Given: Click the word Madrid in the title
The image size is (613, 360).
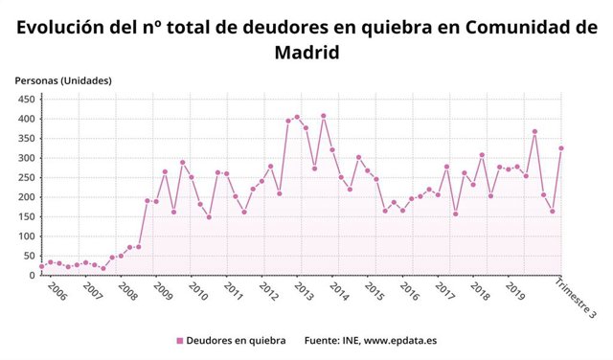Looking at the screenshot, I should (x=306, y=53).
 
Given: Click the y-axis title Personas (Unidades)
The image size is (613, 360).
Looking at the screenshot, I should (x=63, y=80).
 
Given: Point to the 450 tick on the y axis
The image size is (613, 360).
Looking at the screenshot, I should (x=25, y=99).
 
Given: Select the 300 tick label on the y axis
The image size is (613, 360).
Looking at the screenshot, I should (x=25, y=158).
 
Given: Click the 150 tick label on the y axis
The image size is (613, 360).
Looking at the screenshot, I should (x=25, y=216).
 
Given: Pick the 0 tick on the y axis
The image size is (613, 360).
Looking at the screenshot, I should (x=31, y=276).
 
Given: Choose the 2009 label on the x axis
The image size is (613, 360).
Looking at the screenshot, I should (x=163, y=291).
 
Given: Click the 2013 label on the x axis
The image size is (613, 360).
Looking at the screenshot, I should (x=304, y=291).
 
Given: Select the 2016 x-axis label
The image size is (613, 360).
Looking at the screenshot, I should (x=409, y=291).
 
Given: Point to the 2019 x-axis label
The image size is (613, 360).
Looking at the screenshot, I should (x=514, y=291).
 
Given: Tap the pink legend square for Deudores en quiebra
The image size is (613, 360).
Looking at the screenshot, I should (x=179, y=341).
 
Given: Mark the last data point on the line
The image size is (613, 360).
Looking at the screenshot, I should (x=561, y=148).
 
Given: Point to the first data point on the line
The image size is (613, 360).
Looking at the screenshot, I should (x=41, y=267).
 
